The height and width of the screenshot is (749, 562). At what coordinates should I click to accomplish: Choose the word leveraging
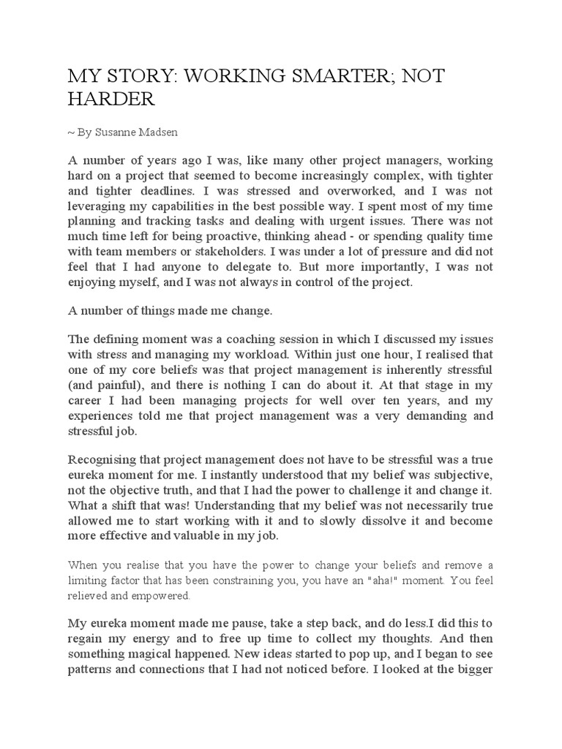(x=100, y=209)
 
